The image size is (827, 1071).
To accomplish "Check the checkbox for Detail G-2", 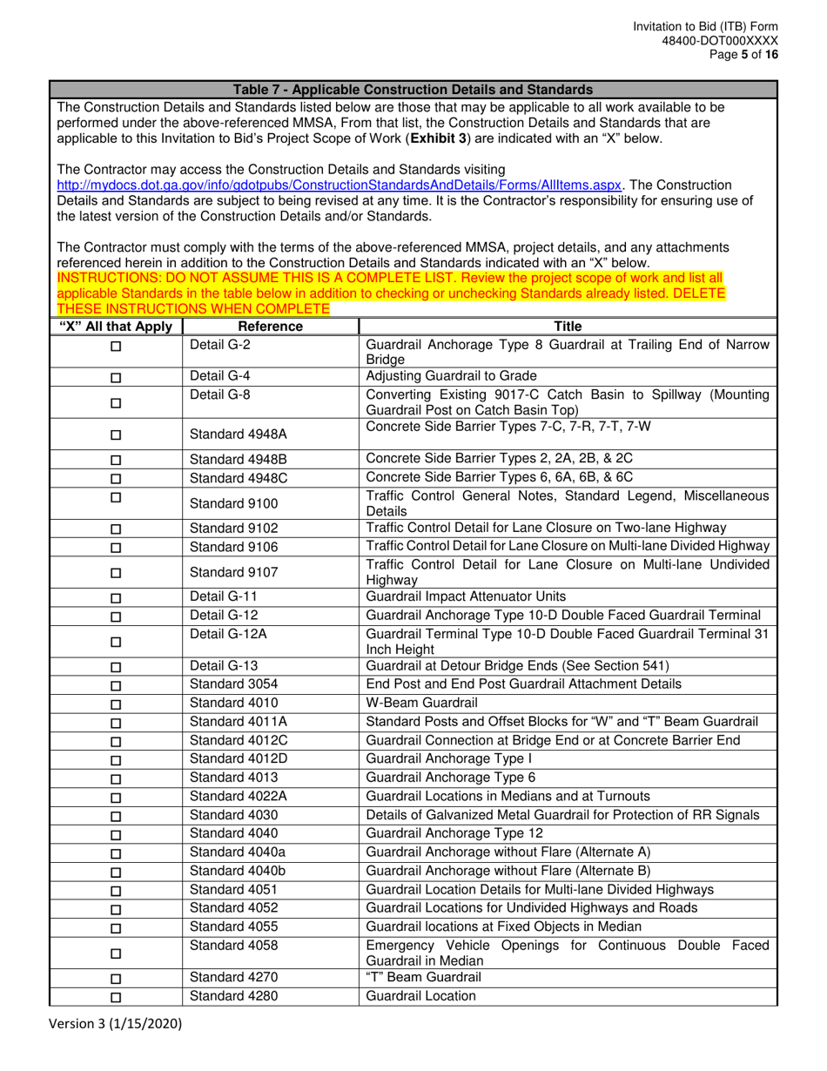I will coord(116,347).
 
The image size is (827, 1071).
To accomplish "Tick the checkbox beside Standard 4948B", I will coord(116,460).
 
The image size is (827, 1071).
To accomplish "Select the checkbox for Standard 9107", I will coord(116,574).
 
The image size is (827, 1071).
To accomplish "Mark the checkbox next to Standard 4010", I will coord(116,704).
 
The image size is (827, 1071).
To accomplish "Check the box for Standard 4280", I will coord(116,998).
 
